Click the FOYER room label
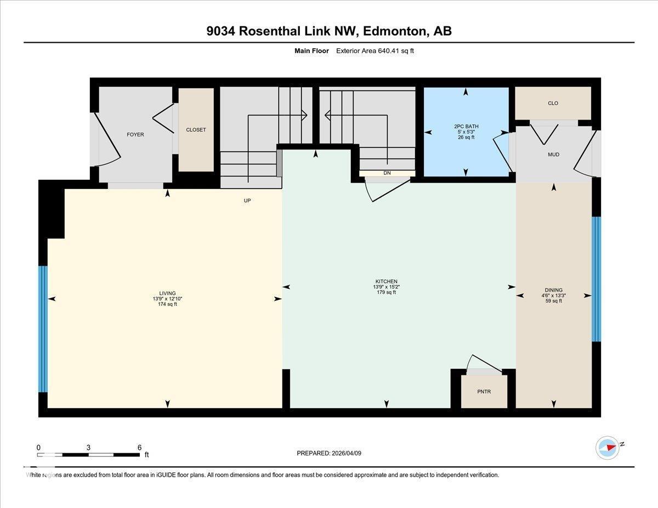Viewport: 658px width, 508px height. (x=135, y=134)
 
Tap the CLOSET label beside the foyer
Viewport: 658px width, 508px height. (x=196, y=130)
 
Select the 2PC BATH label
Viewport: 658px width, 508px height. (x=466, y=127)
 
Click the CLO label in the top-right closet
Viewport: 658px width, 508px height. (x=553, y=103)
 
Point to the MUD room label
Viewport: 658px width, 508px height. (x=553, y=155)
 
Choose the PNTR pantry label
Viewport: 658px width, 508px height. (x=484, y=392)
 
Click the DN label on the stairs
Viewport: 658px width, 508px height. (x=387, y=173)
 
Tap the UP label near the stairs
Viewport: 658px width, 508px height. (x=247, y=201)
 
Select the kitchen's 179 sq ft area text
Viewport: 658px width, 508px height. (x=386, y=293)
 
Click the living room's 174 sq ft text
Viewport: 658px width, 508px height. (x=167, y=304)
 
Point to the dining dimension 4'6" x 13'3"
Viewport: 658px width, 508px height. (x=553, y=295)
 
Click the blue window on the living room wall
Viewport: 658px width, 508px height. (x=43, y=329)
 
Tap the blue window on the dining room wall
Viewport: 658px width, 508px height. (x=596, y=279)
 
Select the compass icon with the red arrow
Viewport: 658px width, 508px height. (x=608, y=447)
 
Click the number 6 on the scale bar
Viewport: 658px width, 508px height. (x=140, y=447)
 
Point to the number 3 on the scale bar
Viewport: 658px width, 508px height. (x=88, y=447)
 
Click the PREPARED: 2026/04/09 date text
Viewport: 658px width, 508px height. (x=329, y=453)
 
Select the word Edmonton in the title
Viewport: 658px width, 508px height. (x=395, y=31)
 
